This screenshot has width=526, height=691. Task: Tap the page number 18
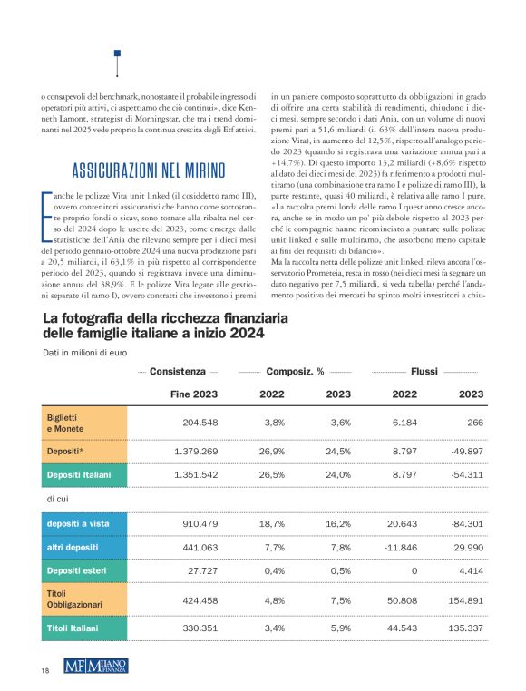point(44,670)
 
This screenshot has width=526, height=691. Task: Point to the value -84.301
point(463,524)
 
